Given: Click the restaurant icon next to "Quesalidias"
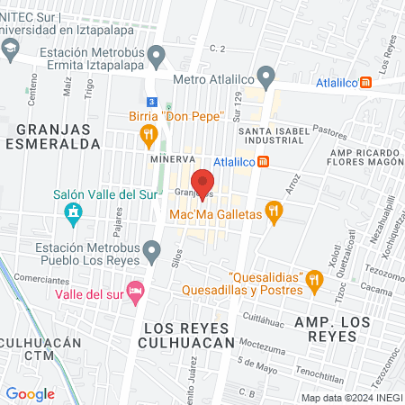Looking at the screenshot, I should (x=313, y=280).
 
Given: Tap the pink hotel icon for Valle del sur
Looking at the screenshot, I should (x=135, y=290).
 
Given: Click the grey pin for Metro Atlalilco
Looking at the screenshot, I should (x=265, y=76).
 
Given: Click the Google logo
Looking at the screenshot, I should (x=30, y=393).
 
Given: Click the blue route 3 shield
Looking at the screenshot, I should (x=153, y=102).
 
